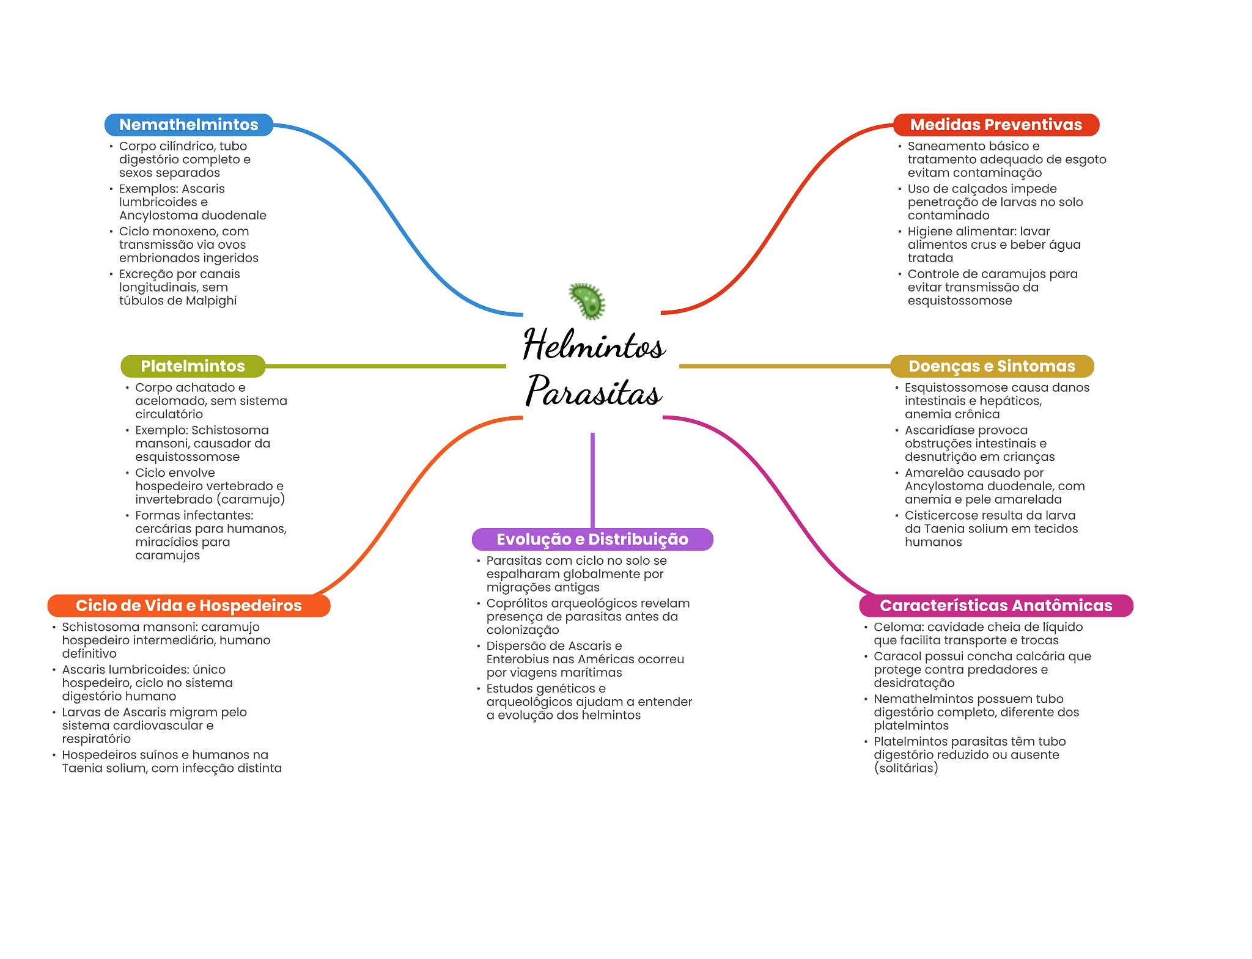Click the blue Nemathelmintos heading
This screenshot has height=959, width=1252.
[x=188, y=125]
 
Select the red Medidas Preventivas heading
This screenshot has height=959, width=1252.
[x=995, y=125]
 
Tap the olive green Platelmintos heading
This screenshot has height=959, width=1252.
[x=193, y=366]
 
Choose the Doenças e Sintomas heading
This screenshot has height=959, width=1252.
[x=991, y=366]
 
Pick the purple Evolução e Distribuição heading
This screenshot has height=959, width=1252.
[x=592, y=539]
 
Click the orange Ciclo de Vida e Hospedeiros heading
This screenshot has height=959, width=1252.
[x=188, y=606]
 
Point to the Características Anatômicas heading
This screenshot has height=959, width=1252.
[x=995, y=606]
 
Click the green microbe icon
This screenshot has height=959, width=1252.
[x=587, y=301]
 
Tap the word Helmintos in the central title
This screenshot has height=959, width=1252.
[x=594, y=345]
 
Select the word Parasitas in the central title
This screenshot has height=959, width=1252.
[x=594, y=391]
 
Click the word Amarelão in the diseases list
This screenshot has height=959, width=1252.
[x=932, y=472]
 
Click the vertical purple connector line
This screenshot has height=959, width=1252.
[x=592, y=480]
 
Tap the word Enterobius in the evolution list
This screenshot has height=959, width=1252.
[x=515, y=660]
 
